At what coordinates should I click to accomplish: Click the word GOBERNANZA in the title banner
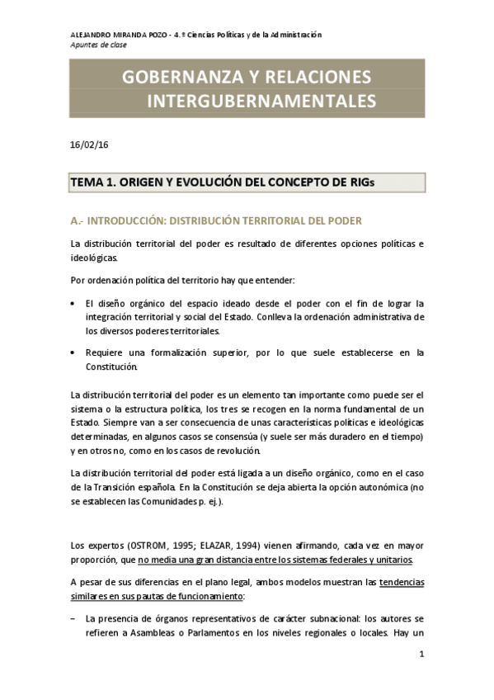click(170, 78)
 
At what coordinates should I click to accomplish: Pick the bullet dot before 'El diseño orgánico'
click(75, 303)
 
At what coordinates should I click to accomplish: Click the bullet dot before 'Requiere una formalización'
click(75, 353)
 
